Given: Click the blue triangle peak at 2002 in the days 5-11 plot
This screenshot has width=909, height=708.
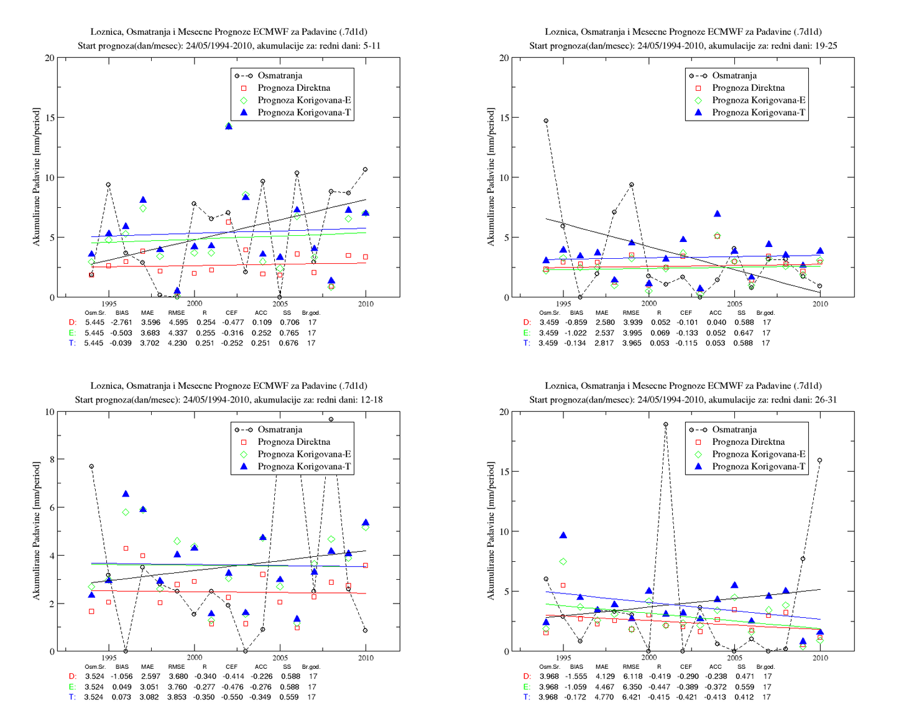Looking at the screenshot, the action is point(228,126).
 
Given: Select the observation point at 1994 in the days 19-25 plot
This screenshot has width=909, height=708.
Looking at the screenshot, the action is point(546,121).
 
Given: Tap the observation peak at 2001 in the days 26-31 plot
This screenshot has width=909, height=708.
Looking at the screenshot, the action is point(665,424).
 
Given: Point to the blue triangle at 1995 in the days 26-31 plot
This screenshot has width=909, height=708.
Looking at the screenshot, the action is point(563,535).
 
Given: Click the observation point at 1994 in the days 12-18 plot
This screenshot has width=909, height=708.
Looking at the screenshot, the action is point(91,466).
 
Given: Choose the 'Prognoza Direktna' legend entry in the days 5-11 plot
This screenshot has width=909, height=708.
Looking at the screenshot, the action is point(293,88).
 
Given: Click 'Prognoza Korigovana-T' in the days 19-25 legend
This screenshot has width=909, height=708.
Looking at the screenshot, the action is point(758,113).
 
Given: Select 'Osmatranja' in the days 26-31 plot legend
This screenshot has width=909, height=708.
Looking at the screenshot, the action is point(734,429).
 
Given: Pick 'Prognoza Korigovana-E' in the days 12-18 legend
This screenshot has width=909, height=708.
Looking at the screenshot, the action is point(304,454).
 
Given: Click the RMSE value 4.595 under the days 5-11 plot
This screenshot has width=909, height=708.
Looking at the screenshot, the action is point(178,322).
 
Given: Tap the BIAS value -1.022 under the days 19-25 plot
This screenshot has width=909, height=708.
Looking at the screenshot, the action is point(576,333).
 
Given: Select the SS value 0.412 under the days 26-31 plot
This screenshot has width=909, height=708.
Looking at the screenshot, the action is point(743,697).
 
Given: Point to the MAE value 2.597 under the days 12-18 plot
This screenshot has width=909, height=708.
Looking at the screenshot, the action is point(150,676).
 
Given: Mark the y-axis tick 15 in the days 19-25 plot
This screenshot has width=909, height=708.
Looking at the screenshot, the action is point(504,118).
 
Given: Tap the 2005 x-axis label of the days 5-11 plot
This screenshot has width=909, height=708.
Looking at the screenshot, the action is point(280,304).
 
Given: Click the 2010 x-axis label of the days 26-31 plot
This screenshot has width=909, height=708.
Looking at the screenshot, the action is point(820,658).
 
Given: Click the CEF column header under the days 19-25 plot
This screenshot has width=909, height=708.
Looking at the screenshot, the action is point(686,312).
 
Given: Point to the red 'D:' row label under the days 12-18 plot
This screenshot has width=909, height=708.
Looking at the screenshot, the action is point(73,676).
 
